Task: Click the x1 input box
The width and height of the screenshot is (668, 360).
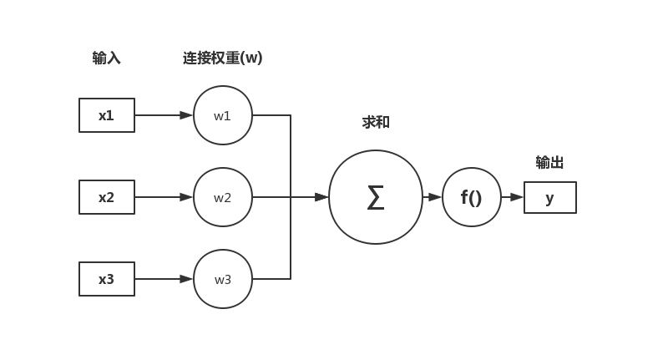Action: [107, 115]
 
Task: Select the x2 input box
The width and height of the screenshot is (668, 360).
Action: [107, 197]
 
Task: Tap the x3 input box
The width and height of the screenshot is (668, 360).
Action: [107, 279]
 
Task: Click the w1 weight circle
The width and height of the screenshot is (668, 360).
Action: [223, 115]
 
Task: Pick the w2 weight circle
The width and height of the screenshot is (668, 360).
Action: [223, 197]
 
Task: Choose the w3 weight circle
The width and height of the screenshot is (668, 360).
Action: [223, 279]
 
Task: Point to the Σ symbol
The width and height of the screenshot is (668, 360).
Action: [376, 198]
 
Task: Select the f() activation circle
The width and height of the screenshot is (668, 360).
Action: [472, 197]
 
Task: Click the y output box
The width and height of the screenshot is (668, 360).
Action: [550, 198]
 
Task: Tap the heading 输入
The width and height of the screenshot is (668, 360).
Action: [106, 58]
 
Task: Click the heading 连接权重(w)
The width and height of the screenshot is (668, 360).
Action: [223, 58]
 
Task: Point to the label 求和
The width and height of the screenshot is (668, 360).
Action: [376, 123]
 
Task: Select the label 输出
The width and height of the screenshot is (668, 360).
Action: [549, 163]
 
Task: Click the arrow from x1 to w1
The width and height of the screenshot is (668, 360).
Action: [164, 115]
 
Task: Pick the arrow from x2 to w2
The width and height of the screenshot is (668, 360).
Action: [164, 197]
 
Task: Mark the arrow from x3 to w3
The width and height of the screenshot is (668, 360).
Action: [164, 279]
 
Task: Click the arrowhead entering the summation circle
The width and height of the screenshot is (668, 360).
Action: [321, 197]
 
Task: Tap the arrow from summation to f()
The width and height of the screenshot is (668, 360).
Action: [433, 197]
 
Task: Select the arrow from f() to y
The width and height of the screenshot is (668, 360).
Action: [513, 197]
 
